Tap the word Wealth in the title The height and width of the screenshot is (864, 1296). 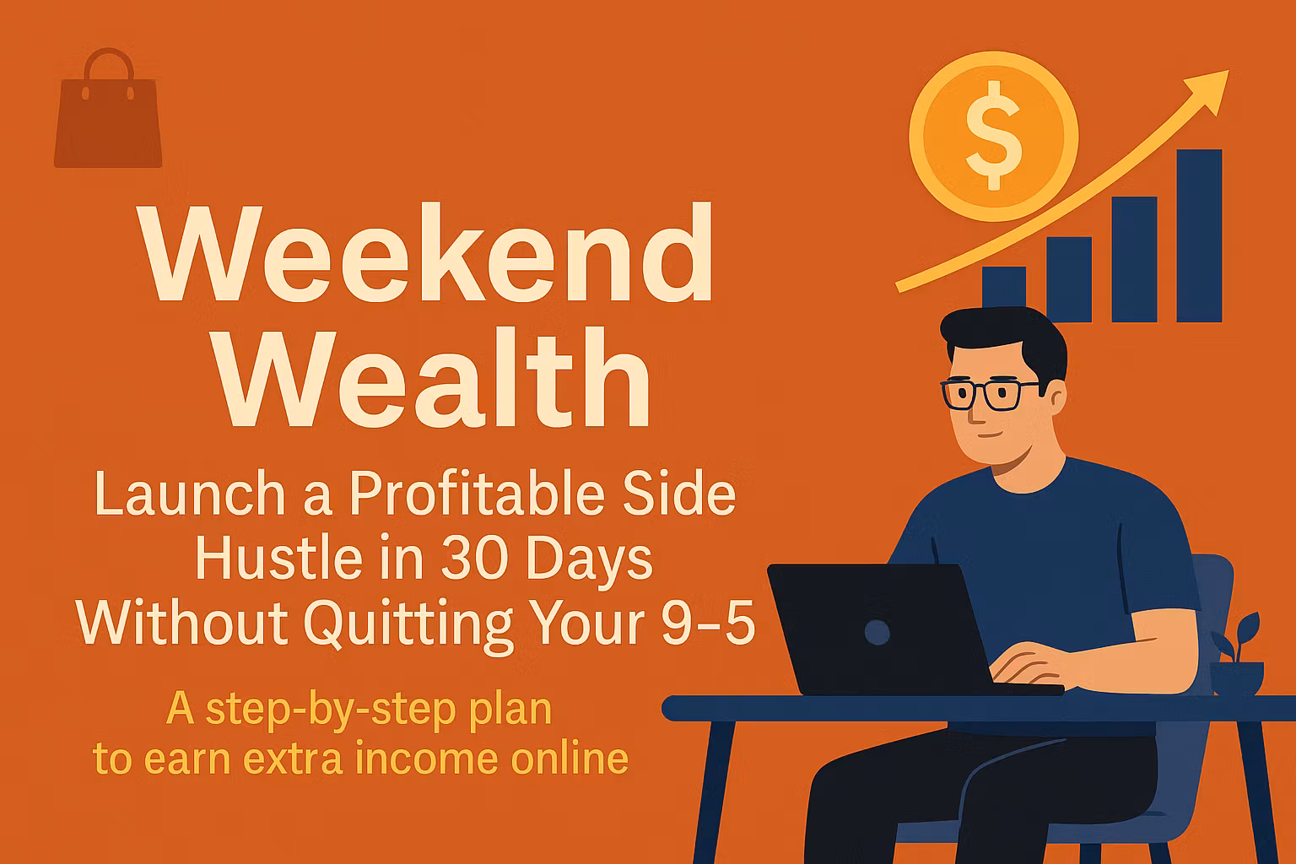[x=435, y=380]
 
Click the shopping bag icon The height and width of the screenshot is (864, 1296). [x=107, y=114]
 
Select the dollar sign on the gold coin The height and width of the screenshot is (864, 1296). [x=994, y=135]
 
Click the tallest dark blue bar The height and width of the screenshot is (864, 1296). [x=1199, y=236]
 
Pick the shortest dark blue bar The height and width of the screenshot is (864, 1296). [x=1003, y=294]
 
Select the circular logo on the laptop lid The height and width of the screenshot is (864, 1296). [x=877, y=632]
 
